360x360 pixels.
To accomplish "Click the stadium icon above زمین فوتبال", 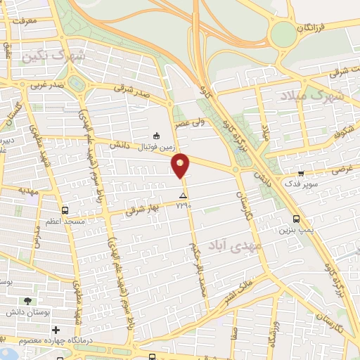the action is (x=157, y=136).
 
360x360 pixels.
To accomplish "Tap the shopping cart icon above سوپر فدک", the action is (x=301, y=173).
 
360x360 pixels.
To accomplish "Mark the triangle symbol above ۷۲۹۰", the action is (x=184, y=195).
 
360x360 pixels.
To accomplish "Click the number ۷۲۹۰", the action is (x=184, y=205).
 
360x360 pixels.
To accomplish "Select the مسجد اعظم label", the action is (x=65, y=221).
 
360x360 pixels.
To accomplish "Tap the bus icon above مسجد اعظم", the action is (x=65, y=210).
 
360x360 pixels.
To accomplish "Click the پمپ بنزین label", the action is (x=295, y=229).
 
